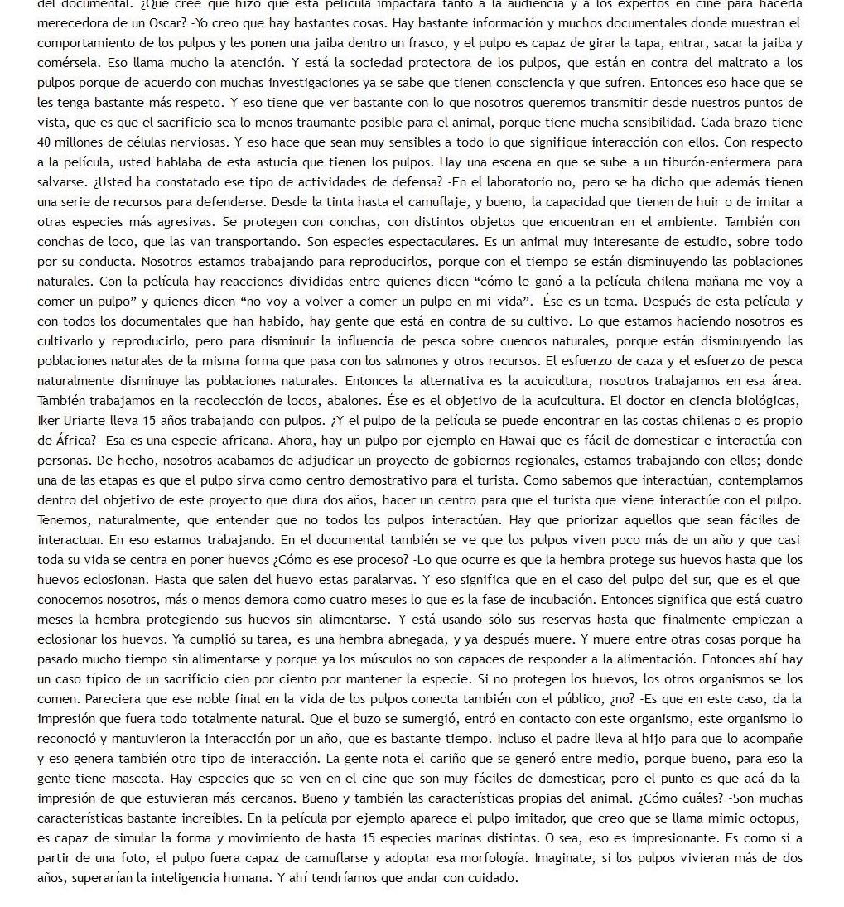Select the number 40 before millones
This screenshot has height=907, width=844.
pyautogui.click(x=46, y=142)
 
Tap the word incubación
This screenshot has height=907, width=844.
pyautogui.click(x=554, y=599)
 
